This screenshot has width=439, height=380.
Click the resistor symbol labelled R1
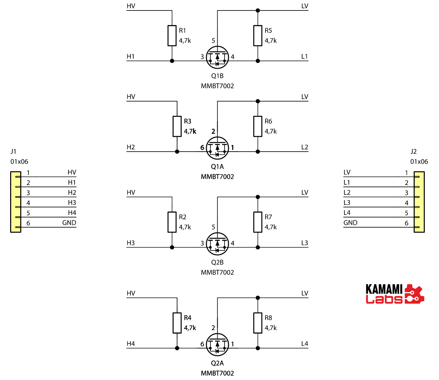click(172, 35)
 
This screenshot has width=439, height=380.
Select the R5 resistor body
click(258, 35)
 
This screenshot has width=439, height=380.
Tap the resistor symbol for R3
click(177, 126)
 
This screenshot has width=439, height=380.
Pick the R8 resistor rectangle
click(258, 323)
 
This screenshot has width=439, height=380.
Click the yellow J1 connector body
click(16, 202)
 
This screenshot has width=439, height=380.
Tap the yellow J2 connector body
click(419, 202)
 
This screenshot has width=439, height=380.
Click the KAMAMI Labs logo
click(394, 294)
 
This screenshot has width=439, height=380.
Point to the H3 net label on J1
click(72, 203)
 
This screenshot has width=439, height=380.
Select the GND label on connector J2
click(350, 223)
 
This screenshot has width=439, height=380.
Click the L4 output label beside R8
click(305, 344)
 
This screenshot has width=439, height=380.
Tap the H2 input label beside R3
click(131, 147)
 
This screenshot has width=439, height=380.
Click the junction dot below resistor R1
click(172, 61)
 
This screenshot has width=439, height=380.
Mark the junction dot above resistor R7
click(258, 197)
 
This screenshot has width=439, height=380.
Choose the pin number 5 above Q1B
click(213, 41)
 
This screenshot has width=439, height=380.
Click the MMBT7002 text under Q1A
click(217, 177)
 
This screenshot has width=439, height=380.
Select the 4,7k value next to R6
click(271, 131)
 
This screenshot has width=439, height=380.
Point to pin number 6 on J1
click(28, 223)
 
